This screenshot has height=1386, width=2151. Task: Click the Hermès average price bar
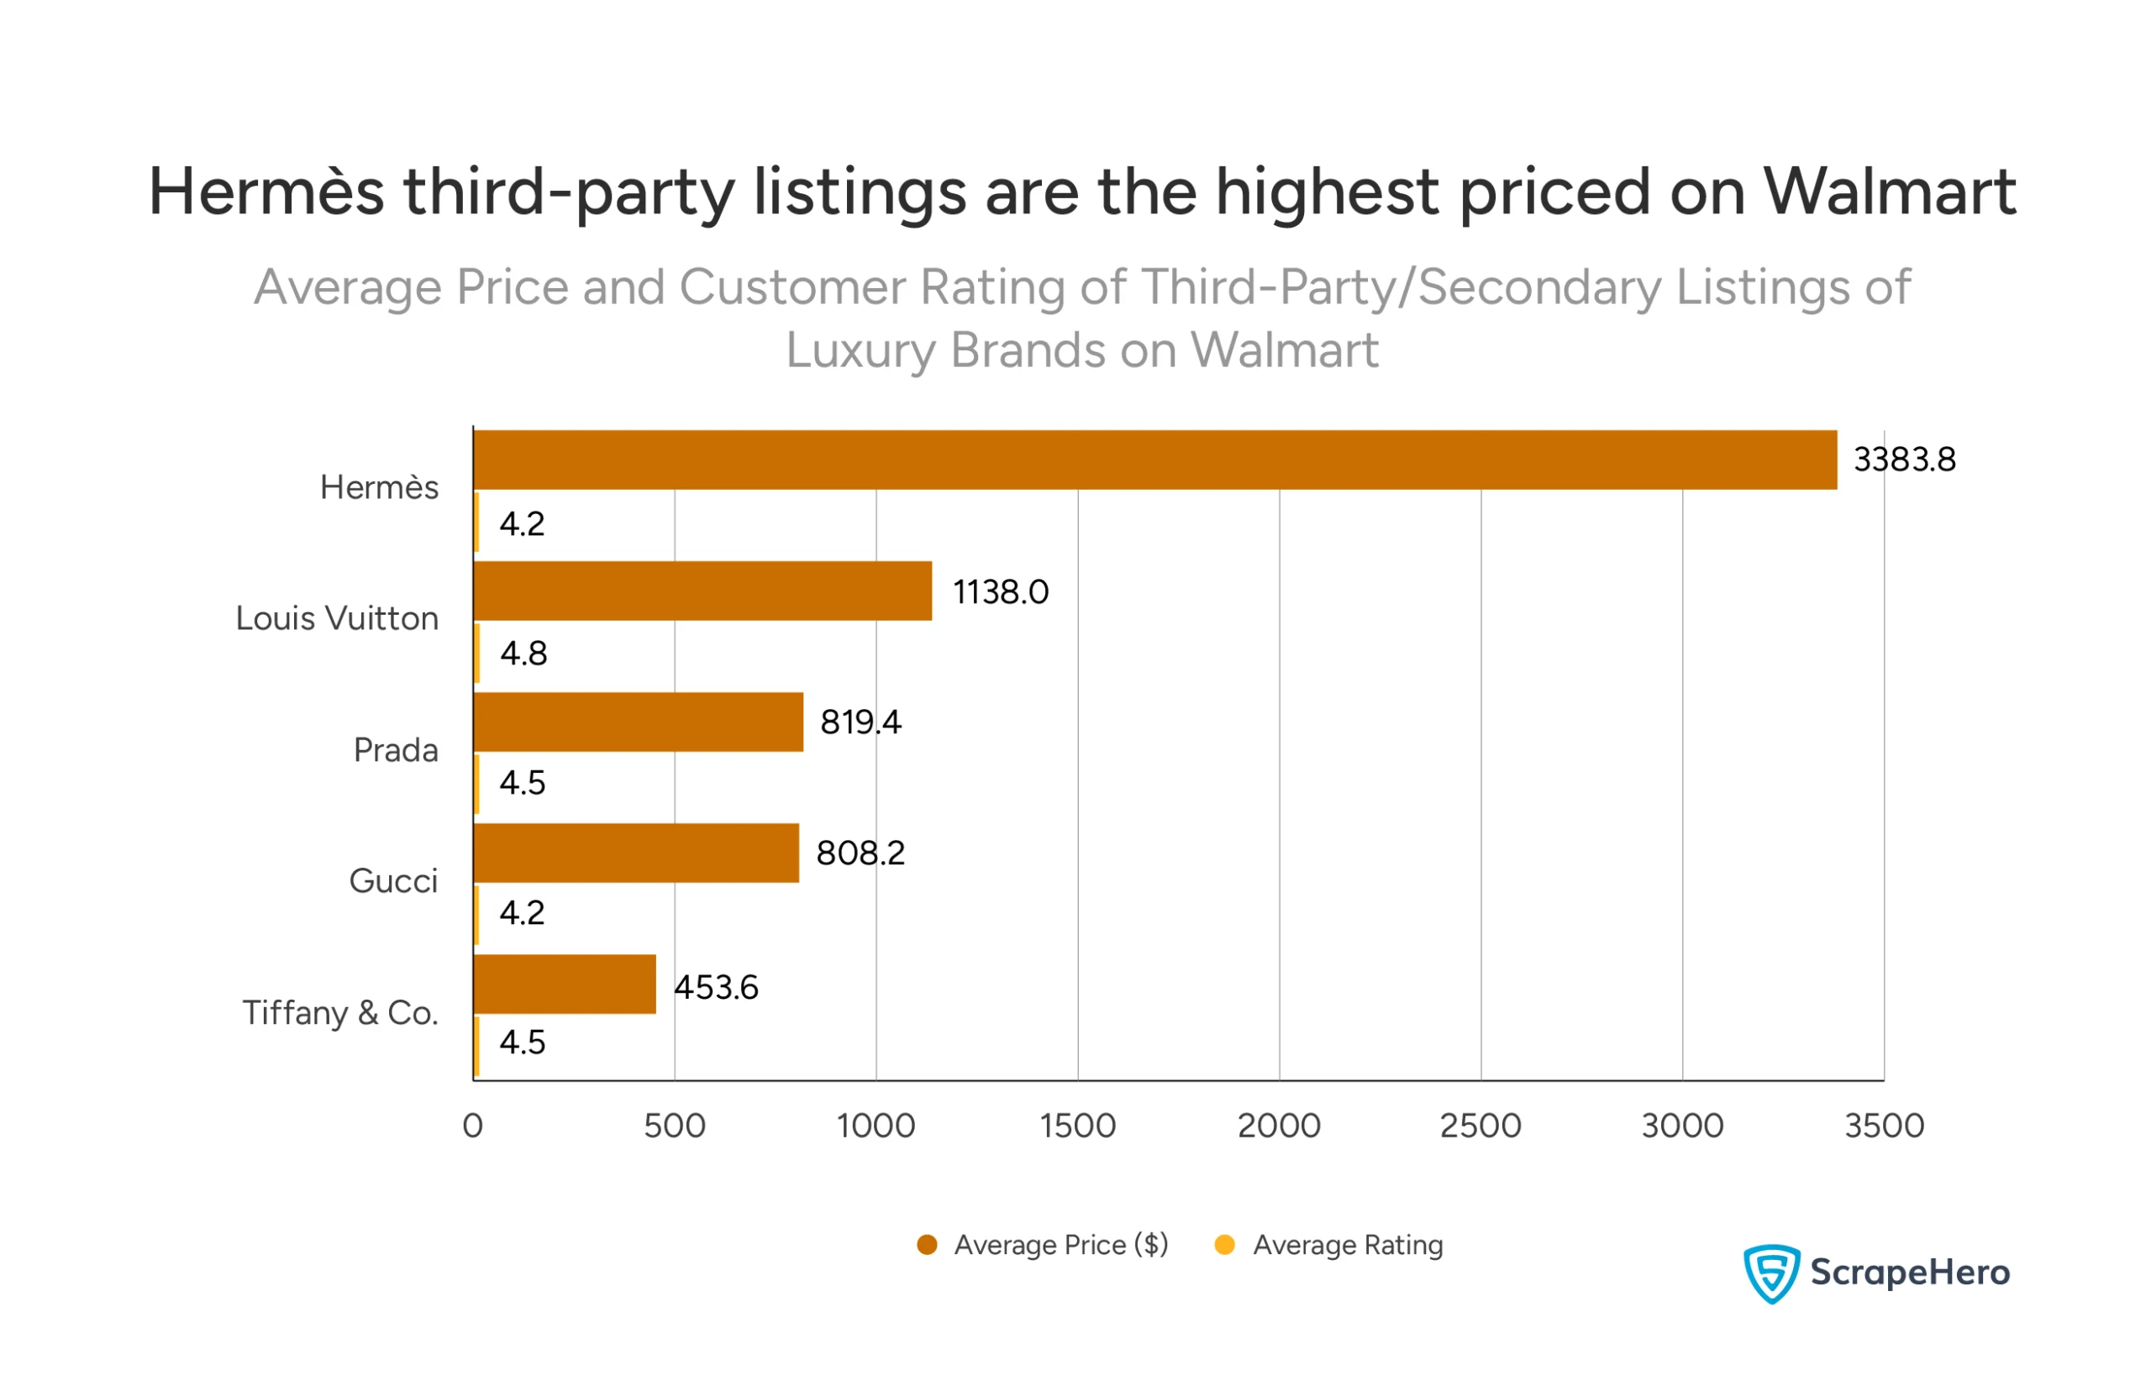1154,460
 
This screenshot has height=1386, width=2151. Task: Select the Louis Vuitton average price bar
702,591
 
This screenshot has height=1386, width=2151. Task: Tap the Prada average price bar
638,722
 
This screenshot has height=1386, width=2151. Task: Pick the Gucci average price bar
635,853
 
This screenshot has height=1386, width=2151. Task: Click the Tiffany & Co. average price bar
565,984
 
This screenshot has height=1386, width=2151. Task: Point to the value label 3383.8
1903,460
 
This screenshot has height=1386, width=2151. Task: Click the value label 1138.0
1000,592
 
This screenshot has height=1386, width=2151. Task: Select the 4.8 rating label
523,654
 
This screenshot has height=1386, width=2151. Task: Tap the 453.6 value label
717,987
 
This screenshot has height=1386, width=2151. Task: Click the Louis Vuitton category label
337,618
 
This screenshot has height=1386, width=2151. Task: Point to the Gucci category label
393,881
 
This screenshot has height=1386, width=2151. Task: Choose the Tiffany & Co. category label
340,1012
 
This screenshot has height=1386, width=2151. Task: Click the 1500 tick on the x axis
1077,1126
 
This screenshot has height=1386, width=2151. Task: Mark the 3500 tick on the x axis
1884,1126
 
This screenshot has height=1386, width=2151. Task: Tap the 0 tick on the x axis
472,1126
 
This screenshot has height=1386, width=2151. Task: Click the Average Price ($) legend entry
1060,1245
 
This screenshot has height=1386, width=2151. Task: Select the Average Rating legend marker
1224,1245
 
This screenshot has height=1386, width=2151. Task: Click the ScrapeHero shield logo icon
1770,1273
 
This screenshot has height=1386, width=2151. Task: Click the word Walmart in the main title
1888,192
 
